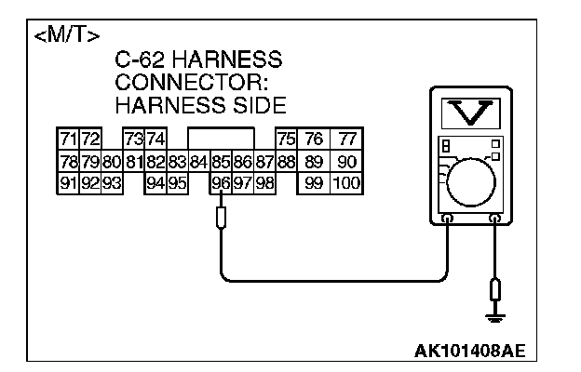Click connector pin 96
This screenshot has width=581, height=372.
pos(220,183)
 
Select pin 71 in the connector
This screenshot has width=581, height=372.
pos(68,139)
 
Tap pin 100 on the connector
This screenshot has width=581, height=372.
pos(345,183)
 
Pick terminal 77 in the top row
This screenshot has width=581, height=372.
pos(346,139)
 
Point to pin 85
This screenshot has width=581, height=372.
pos(220,162)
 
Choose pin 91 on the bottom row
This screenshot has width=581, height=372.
pos(68,183)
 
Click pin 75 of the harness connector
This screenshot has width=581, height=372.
pos(287,139)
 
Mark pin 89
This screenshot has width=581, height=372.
pos(315,162)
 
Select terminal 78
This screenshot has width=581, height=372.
pos(68,162)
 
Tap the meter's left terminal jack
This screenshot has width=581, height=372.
pos(448,219)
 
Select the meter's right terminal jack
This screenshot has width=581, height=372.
pos(495,219)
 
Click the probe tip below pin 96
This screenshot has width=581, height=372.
pos(220,219)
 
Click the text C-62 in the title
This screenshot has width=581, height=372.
pos(139,61)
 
